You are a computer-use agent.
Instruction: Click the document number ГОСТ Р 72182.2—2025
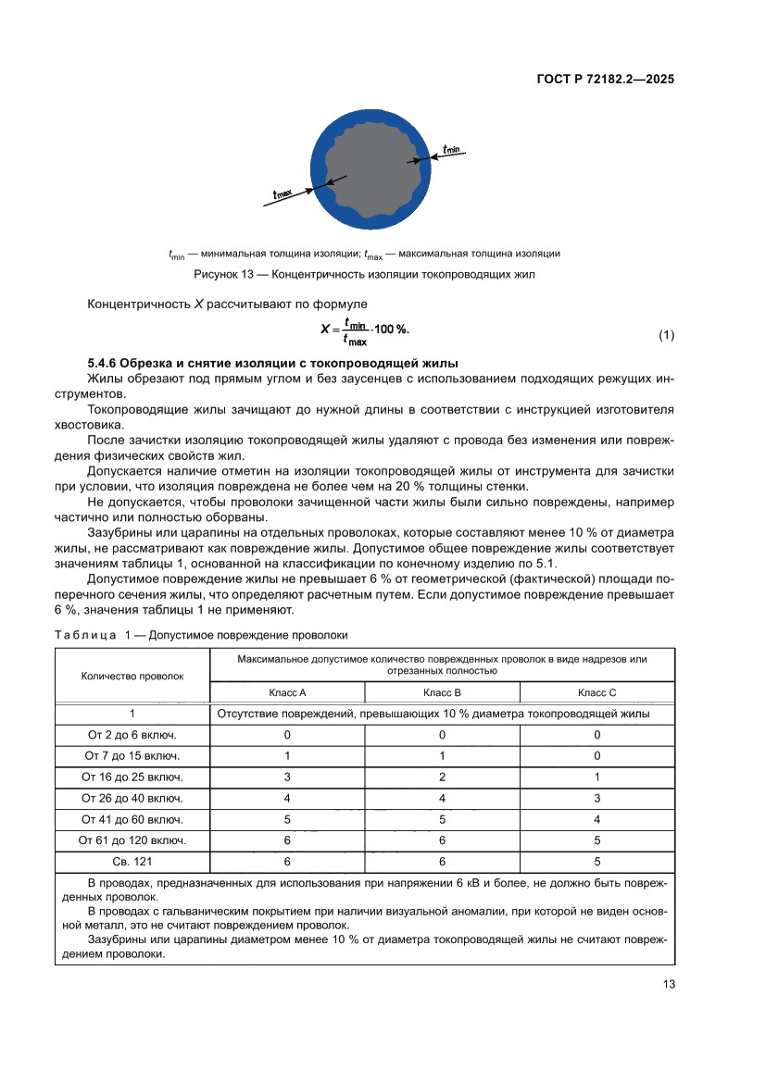(605, 80)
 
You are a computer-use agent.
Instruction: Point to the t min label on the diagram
(452, 148)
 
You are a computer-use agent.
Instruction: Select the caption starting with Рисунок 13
(364, 275)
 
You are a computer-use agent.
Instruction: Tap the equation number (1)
(666, 335)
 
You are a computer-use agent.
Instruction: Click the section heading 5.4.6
(272, 362)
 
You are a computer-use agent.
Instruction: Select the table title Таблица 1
(202, 635)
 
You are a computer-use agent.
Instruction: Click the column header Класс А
(287, 692)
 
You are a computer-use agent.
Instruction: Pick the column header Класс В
(442, 692)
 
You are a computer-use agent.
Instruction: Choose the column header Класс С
(596, 692)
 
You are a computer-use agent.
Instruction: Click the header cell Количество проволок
(132, 676)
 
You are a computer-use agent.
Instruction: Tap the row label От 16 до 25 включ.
(132, 777)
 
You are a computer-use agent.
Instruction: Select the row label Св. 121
(132, 861)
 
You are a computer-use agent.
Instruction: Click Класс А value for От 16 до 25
(287, 777)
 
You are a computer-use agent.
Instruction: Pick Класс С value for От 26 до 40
(596, 798)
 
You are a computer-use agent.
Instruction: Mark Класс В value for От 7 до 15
(442, 755)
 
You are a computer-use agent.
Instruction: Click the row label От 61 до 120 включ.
(132, 840)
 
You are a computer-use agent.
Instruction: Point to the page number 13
(668, 984)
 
